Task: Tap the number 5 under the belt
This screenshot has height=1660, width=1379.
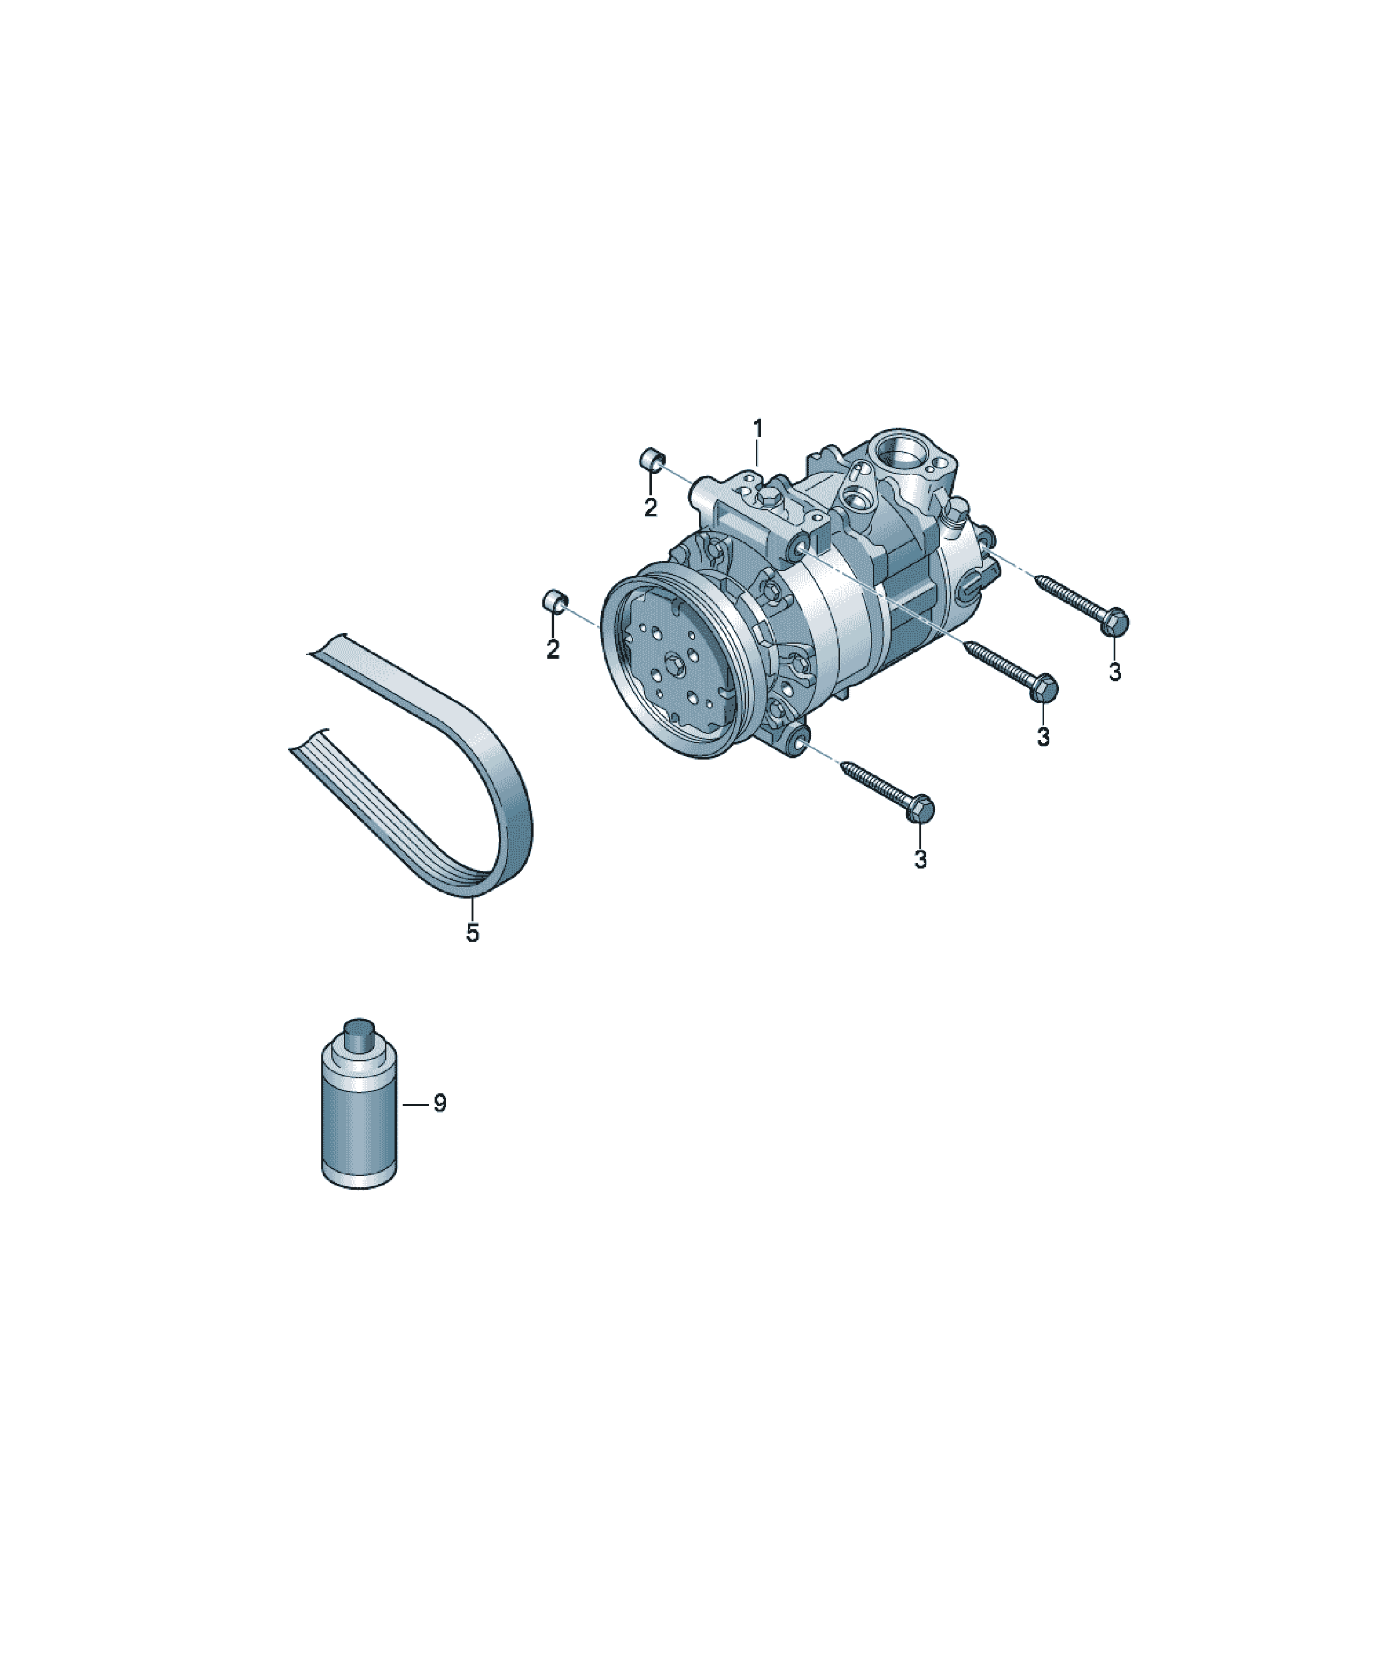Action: pos(472,933)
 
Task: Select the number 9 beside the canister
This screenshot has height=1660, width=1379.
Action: pos(440,1103)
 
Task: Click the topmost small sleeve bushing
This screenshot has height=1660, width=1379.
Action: pos(651,458)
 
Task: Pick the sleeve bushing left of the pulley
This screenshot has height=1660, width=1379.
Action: pos(555,601)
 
